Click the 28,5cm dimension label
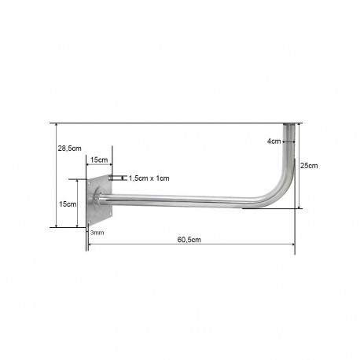tap(69, 149)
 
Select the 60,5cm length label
tap(189, 240)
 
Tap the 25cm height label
tap(309, 166)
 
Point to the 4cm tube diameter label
tap(274, 141)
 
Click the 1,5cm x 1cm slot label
tap(149, 178)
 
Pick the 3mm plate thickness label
tap(97, 233)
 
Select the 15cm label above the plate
tap(99, 160)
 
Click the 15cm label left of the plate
tap(68, 204)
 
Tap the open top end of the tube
tap(289, 124)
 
